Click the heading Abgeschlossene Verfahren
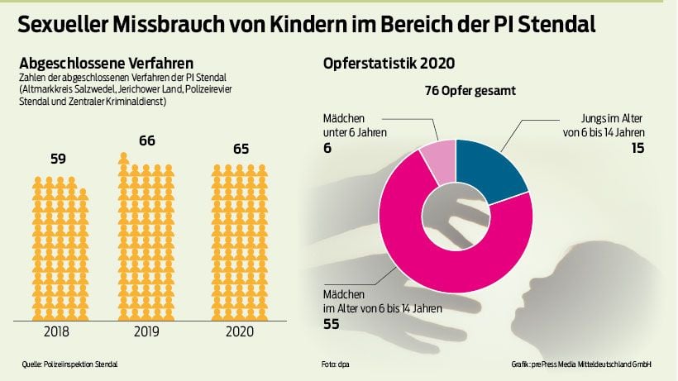tap(107, 63)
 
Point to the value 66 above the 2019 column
tap(146, 141)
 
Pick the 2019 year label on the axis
tap(146, 331)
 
